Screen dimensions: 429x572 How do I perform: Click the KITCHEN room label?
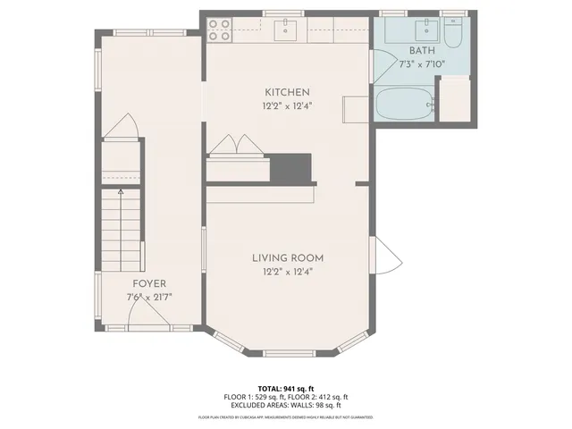[x=287, y=92]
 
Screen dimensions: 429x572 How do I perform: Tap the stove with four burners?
[x=220, y=29]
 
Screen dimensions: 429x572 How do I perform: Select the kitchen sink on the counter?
[x=286, y=30]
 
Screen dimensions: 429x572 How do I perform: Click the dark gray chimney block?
[x=290, y=167]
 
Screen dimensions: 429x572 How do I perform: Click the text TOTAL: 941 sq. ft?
[x=286, y=388]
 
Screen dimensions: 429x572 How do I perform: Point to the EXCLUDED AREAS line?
[x=286, y=405]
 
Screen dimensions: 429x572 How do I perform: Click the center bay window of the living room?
[x=288, y=349]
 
